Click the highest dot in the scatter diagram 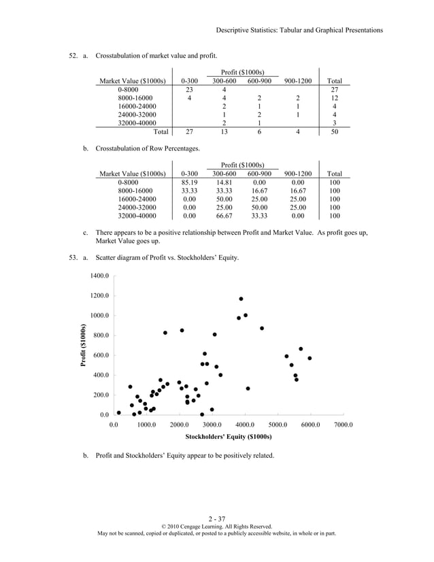point(241,299)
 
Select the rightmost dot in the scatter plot point(310,358)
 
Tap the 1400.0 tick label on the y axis point(99,276)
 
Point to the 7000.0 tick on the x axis point(343,424)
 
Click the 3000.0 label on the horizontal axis point(212,424)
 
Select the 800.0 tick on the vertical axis point(100,335)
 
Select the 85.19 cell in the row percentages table point(190,182)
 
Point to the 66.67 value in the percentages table point(224,216)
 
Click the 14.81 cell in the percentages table point(224,182)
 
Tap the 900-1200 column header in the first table point(298,80)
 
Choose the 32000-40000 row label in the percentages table point(137,216)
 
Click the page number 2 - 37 point(217,519)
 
